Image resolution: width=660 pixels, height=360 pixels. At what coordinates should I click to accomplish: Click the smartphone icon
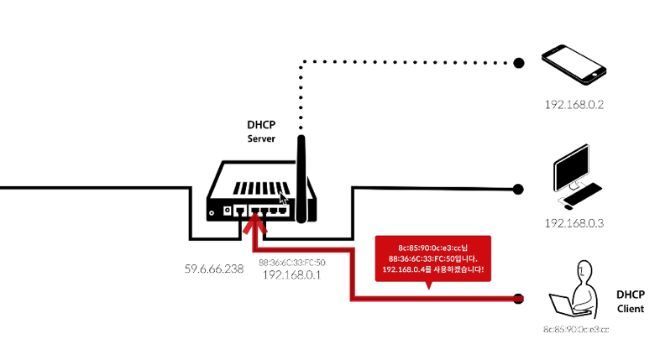(x=574, y=65)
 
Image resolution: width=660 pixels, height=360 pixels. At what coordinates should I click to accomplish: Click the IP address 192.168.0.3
(x=574, y=224)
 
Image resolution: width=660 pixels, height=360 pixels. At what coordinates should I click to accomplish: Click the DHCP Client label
(x=630, y=301)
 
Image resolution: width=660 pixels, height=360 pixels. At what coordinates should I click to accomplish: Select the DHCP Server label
(x=261, y=131)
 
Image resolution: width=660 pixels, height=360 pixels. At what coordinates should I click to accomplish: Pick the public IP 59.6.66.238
(x=213, y=269)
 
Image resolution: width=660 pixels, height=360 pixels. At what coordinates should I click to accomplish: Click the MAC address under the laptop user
(x=575, y=330)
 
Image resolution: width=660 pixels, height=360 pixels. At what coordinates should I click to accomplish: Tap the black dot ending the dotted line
(x=519, y=62)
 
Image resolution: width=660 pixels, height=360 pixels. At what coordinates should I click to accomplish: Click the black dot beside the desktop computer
(x=518, y=189)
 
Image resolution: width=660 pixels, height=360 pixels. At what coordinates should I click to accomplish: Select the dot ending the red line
(x=519, y=298)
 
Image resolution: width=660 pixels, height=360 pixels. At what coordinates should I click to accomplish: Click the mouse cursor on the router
(x=283, y=198)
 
